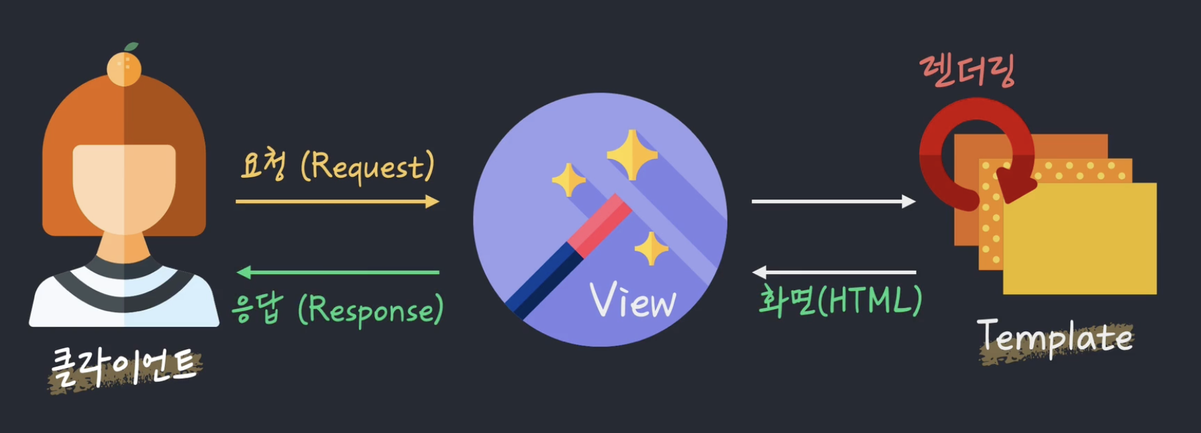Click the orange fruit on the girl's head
[124, 69]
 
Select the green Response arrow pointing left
[338, 272]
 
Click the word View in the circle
[633, 301]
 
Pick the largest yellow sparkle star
[632, 156]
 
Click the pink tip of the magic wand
[600, 227]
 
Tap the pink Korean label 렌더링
[968, 71]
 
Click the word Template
[1055, 337]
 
